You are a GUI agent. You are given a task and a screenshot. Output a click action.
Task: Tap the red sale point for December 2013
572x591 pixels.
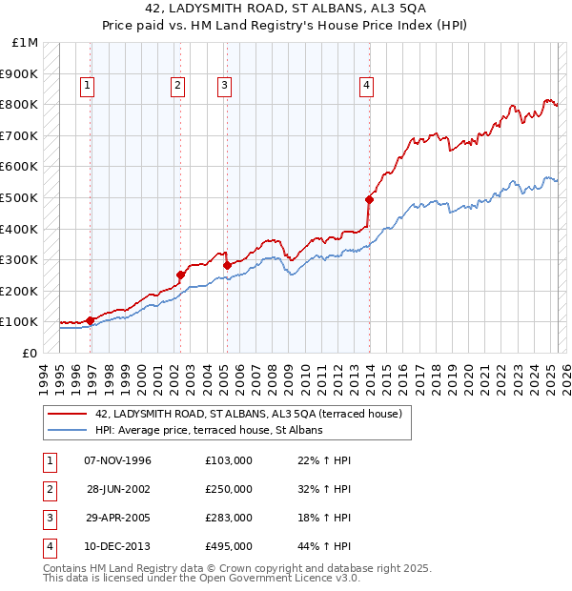click(369, 199)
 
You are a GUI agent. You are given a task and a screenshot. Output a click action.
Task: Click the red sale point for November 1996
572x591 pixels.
click(90, 321)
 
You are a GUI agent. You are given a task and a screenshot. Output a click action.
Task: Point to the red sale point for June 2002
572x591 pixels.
click(180, 275)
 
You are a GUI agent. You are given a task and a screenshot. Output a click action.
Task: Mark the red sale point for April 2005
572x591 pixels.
click(226, 265)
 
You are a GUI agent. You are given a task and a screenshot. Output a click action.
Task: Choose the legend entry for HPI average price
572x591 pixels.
click(209, 430)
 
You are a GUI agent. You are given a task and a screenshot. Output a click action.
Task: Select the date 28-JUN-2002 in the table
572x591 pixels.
click(118, 489)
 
